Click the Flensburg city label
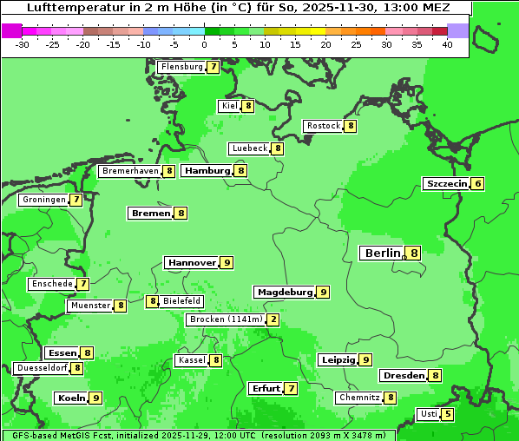(181, 67)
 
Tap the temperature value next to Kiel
(248, 106)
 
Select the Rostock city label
(324, 126)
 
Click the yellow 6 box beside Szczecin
(477, 184)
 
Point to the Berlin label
(381, 253)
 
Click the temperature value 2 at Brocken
(273, 319)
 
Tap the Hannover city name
(192, 262)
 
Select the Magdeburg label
(285, 293)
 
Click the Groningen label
(44, 200)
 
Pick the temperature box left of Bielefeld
(153, 301)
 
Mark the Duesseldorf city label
(42, 368)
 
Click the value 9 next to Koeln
(95, 398)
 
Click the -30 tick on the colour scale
(23, 44)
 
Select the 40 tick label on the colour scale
(447, 44)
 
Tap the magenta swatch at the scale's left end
(11, 30)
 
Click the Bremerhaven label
(130, 171)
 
